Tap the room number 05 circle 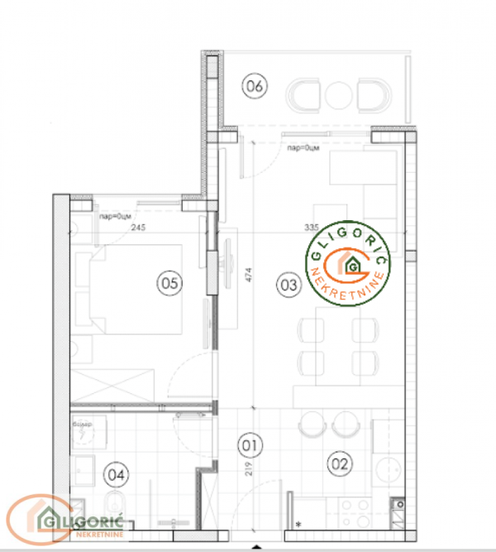point(169,283)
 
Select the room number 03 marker point(289,286)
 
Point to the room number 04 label point(117,475)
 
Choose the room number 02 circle point(338,463)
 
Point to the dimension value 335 point(312,227)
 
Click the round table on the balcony point(339,97)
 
